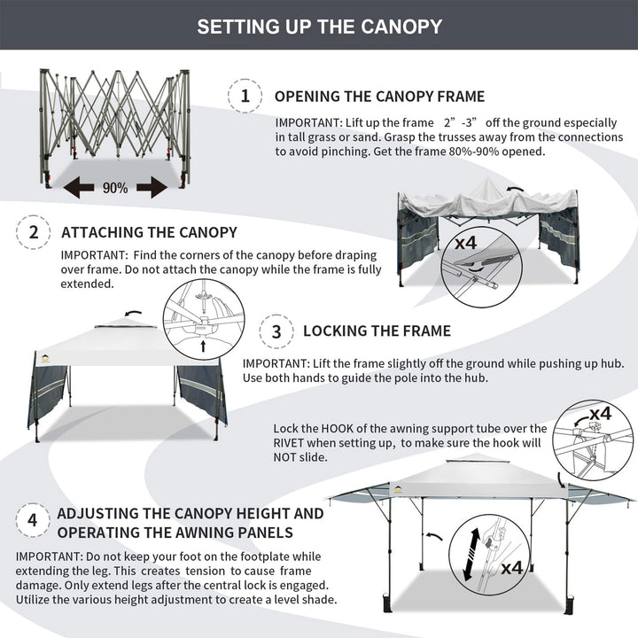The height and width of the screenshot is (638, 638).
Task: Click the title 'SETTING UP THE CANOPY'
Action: (319, 26)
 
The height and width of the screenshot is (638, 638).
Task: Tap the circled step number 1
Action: (245, 96)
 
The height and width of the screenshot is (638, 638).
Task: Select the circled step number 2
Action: (34, 233)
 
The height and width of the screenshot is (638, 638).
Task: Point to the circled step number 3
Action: (276, 331)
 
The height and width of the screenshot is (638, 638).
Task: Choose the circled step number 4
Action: (33, 521)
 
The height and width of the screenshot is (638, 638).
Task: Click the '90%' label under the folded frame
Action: (114, 188)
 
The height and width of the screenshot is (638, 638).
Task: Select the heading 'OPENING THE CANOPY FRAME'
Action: (379, 96)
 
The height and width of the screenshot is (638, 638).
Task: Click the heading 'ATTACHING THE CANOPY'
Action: (149, 233)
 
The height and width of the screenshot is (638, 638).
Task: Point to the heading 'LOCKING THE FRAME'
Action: (377, 331)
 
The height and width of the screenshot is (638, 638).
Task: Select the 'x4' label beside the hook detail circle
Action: (600, 413)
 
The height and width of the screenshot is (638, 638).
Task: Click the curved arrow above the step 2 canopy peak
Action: (133, 312)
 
